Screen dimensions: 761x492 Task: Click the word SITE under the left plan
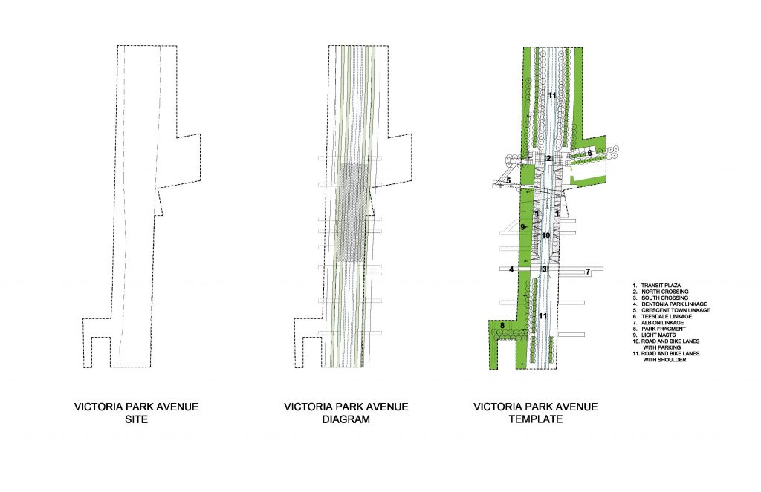point(137,419)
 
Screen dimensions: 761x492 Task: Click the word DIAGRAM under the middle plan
point(346,419)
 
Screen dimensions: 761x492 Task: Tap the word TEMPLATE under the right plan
point(536,419)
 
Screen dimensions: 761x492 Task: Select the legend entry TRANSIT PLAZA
point(661,286)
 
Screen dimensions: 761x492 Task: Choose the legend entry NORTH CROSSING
point(664,292)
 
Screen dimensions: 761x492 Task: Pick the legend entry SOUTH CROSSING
point(664,298)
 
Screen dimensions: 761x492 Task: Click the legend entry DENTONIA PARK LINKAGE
point(674,304)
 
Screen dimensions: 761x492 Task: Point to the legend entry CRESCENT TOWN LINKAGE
point(676,310)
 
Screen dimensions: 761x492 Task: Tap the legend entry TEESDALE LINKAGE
point(667,317)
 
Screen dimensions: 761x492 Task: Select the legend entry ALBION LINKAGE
point(662,322)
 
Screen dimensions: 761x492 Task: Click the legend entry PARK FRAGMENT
point(664,329)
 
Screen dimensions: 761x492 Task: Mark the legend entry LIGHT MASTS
point(658,335)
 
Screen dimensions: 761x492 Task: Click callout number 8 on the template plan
point(502,325)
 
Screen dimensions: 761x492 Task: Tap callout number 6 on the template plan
point(589,153)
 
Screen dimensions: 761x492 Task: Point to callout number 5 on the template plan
point(508,181)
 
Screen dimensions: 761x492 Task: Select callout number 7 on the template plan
point(588,272)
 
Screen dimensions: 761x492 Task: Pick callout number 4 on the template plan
point(511,269)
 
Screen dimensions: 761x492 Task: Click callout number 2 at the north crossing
point(548,159)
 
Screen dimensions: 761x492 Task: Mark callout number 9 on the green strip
point(522,227)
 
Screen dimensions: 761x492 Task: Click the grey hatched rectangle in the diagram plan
point(352,213)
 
